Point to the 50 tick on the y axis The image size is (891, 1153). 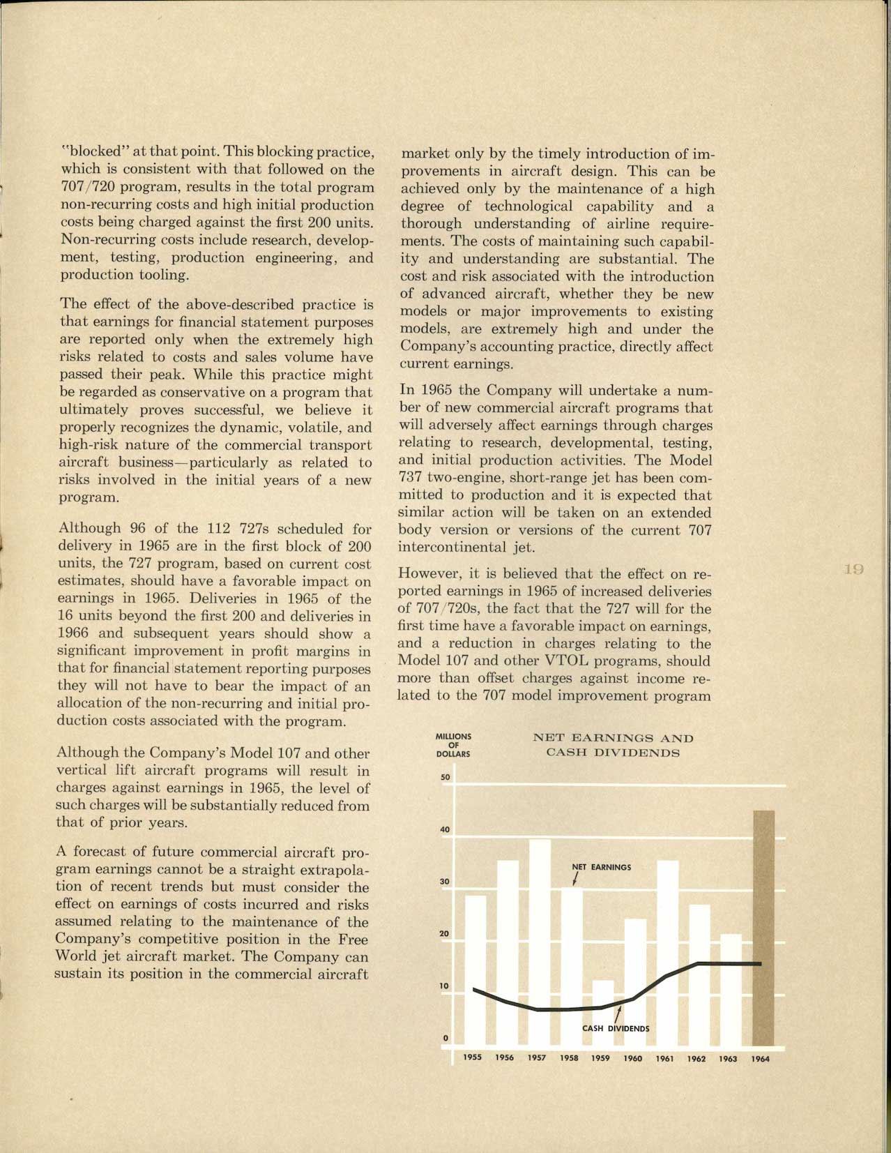(x=445, y=777)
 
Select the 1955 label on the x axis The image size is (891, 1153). (x=473, y=1058)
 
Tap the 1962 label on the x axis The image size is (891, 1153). (x=696, y=1058)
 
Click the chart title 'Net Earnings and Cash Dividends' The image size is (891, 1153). (x=613, y=745)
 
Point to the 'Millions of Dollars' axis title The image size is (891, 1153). (x=453, y=745)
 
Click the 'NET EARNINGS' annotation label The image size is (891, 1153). (x=602, y=867)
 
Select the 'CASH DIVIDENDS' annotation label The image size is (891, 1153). (x=616, y=1028)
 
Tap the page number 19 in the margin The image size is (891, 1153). (x=853, y=569)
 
